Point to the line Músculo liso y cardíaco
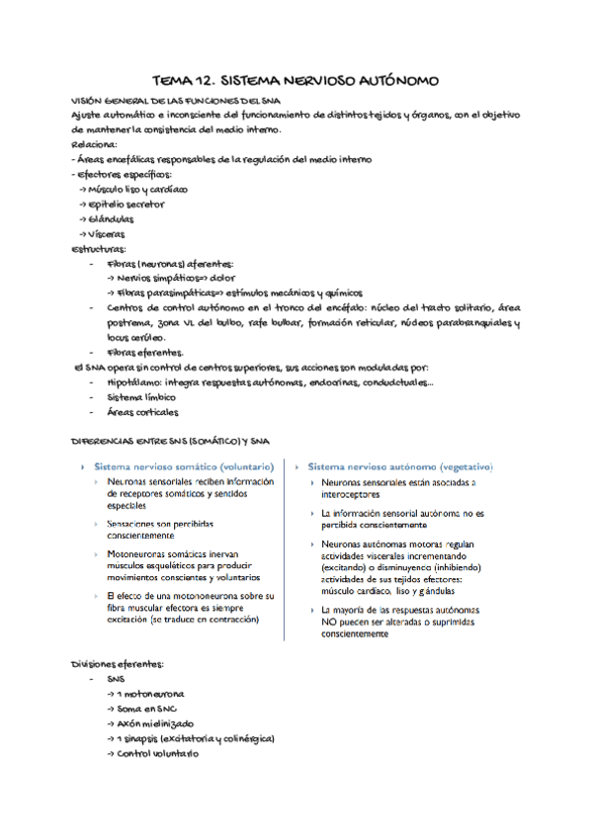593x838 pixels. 137,188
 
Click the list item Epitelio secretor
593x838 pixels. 127,204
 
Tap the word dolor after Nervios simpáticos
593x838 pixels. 203,279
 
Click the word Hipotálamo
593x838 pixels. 132,382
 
